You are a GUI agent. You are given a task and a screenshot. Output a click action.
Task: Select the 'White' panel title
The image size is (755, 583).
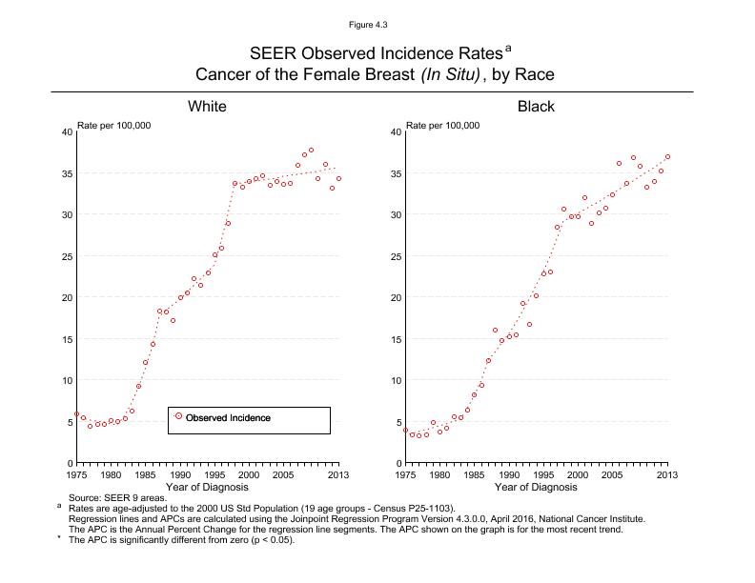[x=207, y=106]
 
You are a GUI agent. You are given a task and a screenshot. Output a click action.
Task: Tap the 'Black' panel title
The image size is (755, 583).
[x=536, y=106]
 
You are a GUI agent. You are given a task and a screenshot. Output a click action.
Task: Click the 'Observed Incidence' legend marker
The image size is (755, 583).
[x=178, y=417]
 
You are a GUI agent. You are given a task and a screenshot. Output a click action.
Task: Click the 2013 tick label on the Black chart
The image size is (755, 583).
[x=666, y=473]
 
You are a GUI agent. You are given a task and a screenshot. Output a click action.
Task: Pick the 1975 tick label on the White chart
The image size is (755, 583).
[x=76, y=473]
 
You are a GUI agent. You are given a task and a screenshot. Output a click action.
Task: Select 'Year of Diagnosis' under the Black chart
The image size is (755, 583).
[x=536, y=487]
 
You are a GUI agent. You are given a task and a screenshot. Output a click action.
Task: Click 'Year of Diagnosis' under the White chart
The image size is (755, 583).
[x=206, y=487]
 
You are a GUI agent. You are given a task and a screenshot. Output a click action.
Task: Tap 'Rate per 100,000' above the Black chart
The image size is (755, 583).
[x=443, y=125]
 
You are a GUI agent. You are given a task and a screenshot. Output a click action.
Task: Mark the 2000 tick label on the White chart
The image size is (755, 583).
[x=248, y=473]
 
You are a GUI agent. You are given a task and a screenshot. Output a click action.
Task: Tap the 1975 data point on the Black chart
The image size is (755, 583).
[x=405, y=430]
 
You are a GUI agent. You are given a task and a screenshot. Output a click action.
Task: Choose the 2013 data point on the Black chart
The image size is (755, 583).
[x=667, y=156]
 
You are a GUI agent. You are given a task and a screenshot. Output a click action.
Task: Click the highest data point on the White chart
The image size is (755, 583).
[x=311, y=151]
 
